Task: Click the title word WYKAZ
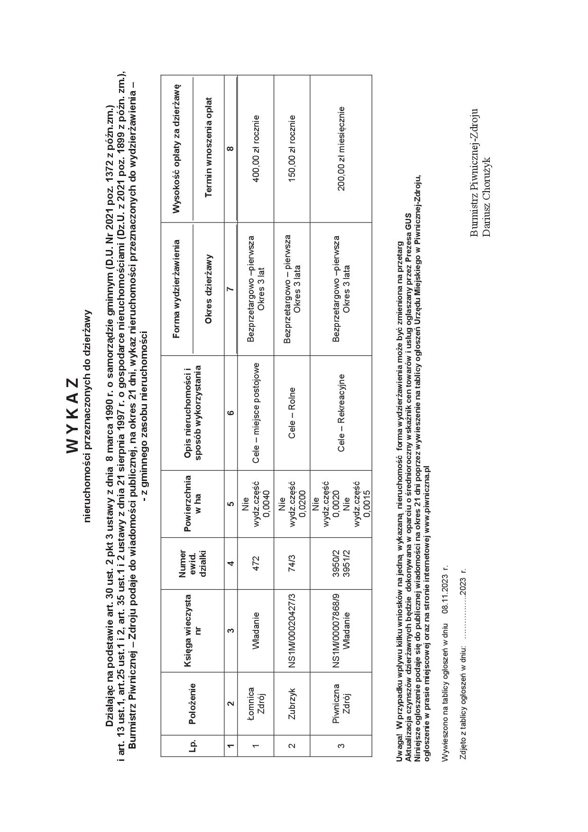coord(72,416)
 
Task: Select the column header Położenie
coord(192,704)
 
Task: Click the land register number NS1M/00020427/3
coord(292,631)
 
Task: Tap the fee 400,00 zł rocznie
coord(256,149)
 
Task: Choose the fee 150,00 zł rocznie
coord(292,149)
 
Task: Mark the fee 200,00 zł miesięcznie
coord(340,149)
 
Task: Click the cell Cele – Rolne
coord(292,413)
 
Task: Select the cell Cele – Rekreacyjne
coord(340,413)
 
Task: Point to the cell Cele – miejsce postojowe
coord(256,413)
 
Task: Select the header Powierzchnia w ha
coord(192,503)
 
